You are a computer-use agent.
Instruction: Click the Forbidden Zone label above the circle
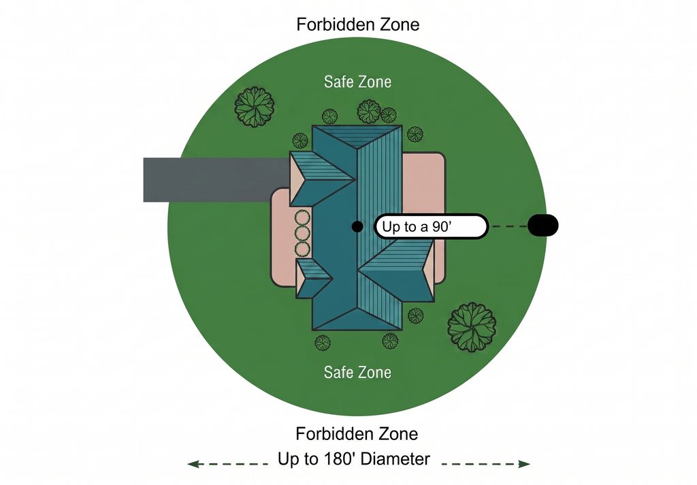coord(358,25)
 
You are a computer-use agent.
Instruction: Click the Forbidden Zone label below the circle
coord(357,434)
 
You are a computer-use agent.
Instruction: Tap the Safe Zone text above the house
coord(358,82)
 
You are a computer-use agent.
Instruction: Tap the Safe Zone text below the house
coord(358,373)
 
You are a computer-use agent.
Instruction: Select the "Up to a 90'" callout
coord(431,226)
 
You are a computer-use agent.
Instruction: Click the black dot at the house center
coord(357,226)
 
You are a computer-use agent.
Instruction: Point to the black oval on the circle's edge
coord(542,225)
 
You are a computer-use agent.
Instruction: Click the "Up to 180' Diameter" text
coord(354,458)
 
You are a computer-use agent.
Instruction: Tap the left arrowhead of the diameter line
coord(193,464)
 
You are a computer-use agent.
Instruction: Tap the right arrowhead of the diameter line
coord(525,464)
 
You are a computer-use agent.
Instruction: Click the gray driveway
coord(216,180)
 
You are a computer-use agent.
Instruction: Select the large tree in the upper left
coord(255,107)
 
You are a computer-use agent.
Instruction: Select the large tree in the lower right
coord(472,327)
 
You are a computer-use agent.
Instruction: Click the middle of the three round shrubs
coord(302,234)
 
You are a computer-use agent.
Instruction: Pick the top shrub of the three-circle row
coord(302,218)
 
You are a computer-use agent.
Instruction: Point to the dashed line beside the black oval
coord(508,226)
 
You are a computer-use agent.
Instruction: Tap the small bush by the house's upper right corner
coord(415,134)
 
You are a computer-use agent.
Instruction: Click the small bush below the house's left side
coord(323,343)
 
